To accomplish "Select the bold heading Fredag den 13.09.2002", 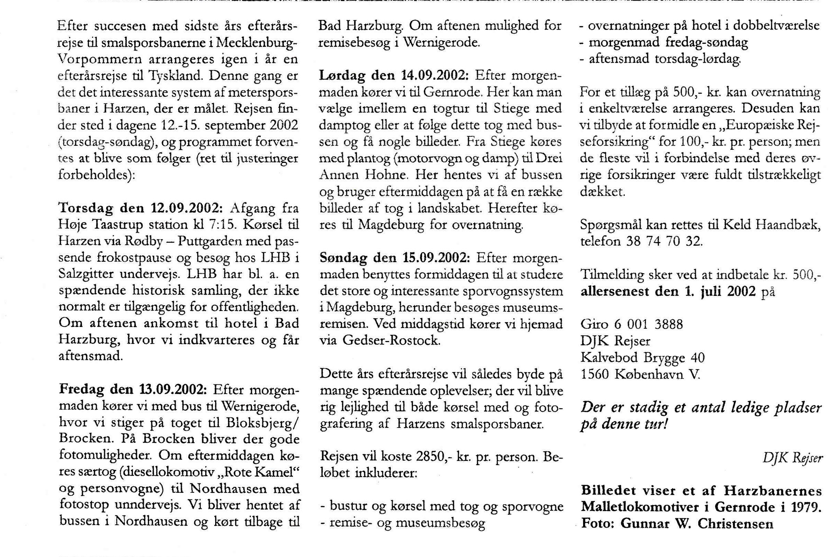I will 133,390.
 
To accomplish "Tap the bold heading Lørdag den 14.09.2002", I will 394,75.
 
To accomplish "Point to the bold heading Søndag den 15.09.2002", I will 395,258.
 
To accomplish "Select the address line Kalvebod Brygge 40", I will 642,357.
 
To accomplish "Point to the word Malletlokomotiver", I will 640,507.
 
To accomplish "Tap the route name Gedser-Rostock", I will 391,341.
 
